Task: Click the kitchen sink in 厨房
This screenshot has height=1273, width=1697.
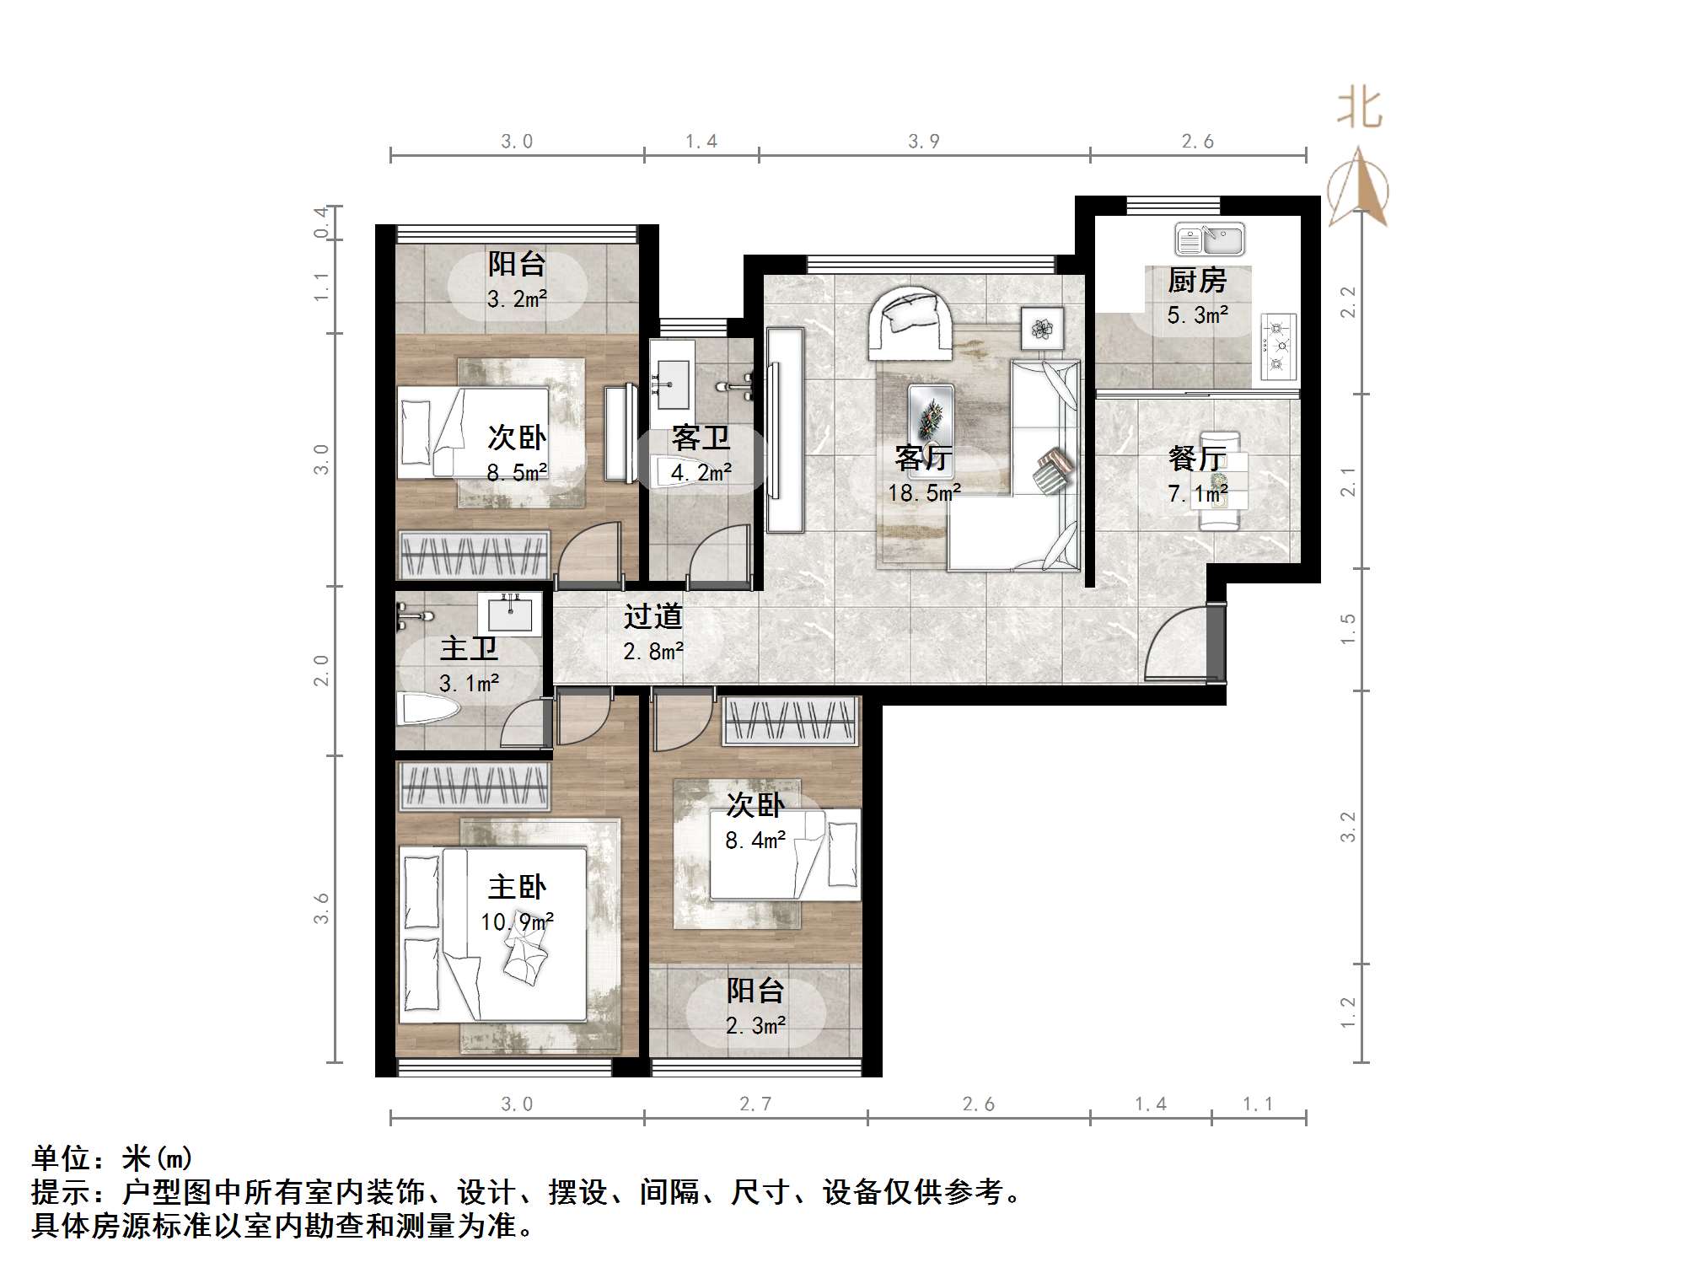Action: [x=1210, y=239]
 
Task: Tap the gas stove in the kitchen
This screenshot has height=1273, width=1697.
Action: [x=1279, y=346]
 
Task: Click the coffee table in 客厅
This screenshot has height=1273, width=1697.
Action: [x=931, y=413]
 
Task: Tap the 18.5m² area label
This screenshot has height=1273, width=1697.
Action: [x=924, y=493]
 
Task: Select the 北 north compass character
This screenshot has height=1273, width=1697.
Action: [x=1359, y=110]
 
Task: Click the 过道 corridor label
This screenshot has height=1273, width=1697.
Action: [x=652, y=617]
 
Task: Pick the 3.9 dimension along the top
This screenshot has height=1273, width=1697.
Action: [x=923, y=142]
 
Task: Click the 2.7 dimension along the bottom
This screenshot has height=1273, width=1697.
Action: [x=755, y=1104]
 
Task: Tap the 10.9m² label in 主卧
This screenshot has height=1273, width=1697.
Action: [x=517, y=922]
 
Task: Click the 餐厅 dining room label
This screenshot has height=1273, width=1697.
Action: [x=1196, y=459]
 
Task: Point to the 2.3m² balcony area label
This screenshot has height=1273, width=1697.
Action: [x=755, y=1026]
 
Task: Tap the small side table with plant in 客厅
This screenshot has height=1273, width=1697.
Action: [x=1043, y=328]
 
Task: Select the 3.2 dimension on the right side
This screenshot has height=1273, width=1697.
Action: [x=1348, y=827]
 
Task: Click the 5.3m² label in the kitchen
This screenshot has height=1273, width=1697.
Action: [x=1197, y=315]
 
